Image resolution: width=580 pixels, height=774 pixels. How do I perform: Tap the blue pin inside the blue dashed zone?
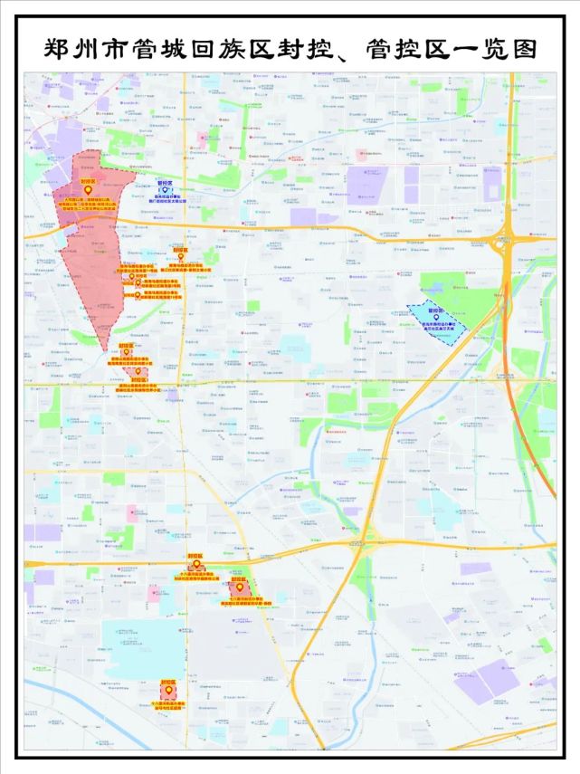coord(436,317)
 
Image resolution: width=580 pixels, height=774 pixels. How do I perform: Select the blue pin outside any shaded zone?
coord(165,190)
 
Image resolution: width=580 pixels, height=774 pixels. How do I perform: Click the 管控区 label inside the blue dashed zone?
coord(436,309)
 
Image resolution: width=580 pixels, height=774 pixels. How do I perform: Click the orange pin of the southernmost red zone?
coord(167,691)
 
